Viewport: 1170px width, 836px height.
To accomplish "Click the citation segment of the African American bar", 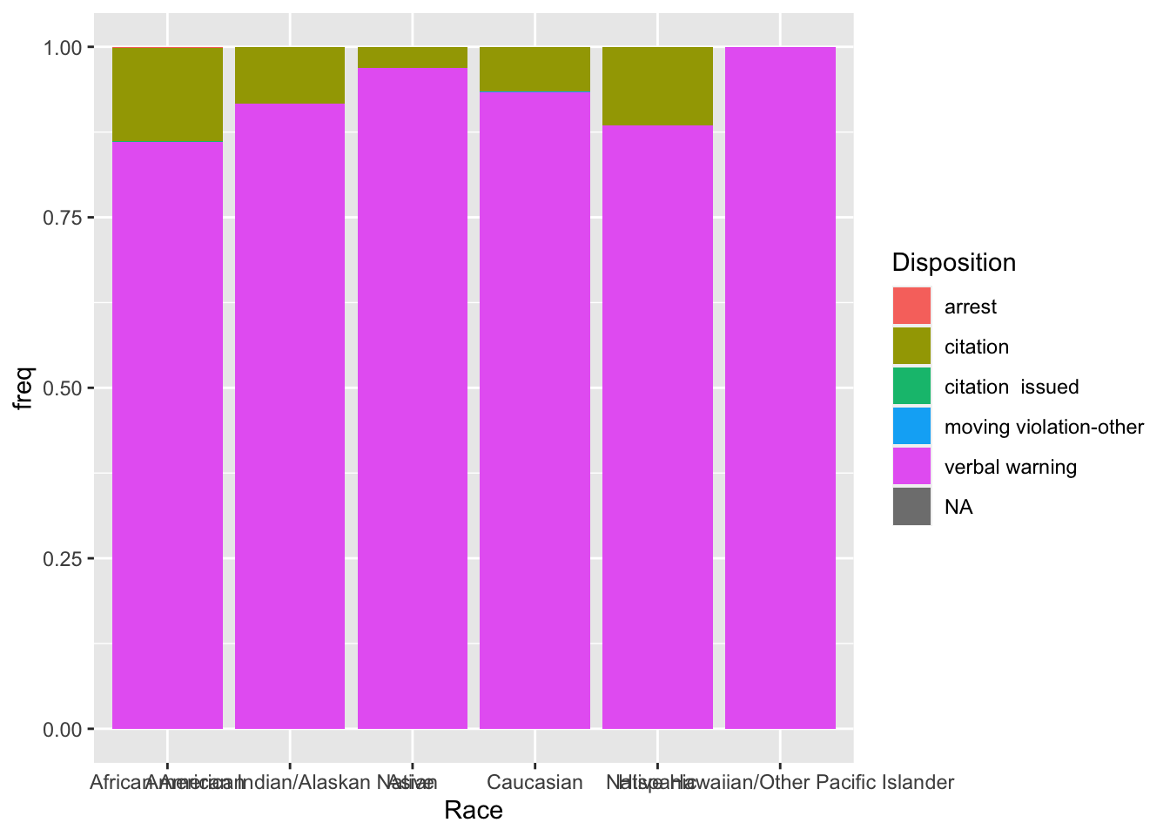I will click(x=167, y=94).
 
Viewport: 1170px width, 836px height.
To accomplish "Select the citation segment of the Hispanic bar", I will click(x=657, y=85).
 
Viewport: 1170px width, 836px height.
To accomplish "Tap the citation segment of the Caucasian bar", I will click(x=535, y=69).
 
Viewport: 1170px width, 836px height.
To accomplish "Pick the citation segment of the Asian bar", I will click(x=413, y=57).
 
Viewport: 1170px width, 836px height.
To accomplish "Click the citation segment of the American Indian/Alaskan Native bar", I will click(x=290, y=75).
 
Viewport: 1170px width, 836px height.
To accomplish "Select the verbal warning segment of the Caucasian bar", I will click(x=535, y=409).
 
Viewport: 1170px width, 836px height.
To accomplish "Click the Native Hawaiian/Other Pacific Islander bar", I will click(x=780, y=388).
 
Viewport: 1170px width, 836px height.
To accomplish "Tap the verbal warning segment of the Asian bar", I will click(x=413, y=397).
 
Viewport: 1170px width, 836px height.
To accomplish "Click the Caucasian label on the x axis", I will click(x=535, y=782).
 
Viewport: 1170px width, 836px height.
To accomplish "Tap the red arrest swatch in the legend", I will click(x=911, y=307).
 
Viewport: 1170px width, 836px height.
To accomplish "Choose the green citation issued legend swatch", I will click(x=911, y=387).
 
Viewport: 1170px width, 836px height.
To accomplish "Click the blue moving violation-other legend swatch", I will click(x=911, y=427).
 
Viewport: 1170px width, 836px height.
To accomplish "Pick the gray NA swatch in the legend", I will click(x=911, y=507).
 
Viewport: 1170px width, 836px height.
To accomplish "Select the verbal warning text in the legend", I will click(x=1010, y=467).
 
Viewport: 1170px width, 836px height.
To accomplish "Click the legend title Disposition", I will click(x=953, y=262).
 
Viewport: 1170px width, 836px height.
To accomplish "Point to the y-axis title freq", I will click(x=24, y=388).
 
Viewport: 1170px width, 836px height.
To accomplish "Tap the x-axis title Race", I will click(x=473, y=811).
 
